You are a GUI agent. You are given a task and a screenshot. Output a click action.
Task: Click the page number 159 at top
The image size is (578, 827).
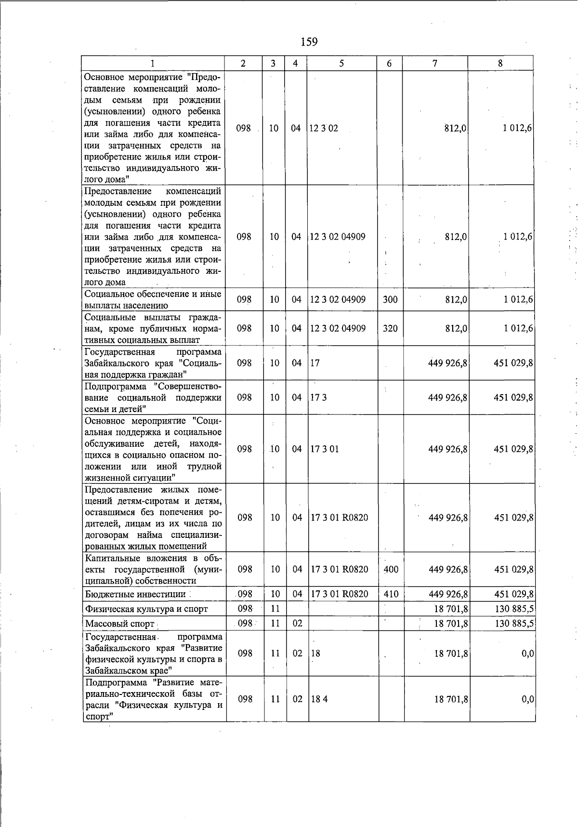tap(309, 42)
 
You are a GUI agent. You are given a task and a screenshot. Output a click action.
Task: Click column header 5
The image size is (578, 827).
tap(341, 63)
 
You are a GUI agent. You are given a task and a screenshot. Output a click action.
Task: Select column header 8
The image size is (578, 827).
tap(500, 63)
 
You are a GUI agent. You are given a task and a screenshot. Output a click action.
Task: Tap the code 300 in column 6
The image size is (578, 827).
tap(390, 299)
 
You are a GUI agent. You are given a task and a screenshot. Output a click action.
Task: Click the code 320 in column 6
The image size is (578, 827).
tap(390, 328)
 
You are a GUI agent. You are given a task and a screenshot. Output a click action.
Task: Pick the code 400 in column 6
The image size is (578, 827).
tap(391, 569)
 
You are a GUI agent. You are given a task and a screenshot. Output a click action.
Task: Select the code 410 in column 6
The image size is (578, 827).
tap(391, 594)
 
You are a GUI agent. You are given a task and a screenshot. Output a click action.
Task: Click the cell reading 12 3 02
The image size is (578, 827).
tap(324, 128)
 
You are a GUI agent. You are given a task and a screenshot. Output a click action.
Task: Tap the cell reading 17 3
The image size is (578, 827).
tap(318, 398)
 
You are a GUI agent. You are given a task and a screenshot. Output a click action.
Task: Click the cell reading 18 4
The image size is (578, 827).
tap(319, 699)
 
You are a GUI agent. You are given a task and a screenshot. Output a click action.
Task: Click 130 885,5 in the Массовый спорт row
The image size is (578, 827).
tap(514, 624)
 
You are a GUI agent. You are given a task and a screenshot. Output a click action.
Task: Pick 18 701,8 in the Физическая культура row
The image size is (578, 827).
tap(451, 609)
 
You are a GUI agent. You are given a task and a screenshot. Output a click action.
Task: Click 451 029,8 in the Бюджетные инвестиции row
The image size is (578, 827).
tap(513, 594)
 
